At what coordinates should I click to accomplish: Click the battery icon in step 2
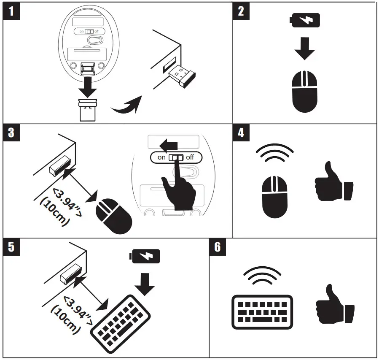(x=304, y=20)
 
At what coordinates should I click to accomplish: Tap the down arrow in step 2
(x=304, y=49)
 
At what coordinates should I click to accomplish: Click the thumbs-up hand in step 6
(x=334, y=306)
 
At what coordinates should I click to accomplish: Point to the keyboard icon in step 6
(x=262, y=312)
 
